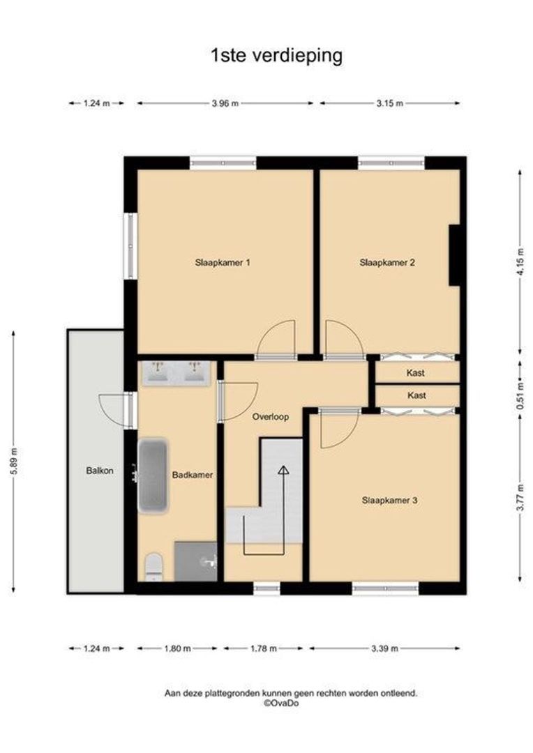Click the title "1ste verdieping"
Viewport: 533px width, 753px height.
click(276, 56)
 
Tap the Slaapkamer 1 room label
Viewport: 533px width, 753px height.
click(223, 263)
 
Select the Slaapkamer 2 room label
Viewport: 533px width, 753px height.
click(388, 263)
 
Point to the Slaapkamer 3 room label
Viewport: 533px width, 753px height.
click(390, 500)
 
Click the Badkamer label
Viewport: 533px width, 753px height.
click(192, 475)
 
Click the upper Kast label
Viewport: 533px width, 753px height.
click(416, 373)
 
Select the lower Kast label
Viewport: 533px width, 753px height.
click(416, 395)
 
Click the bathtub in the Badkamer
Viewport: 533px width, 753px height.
click(153, 476)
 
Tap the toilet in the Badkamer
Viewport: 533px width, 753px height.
click(153, 566)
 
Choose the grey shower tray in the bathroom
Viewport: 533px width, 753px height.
click(195, 561)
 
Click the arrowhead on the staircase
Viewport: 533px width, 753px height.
click(283, 471)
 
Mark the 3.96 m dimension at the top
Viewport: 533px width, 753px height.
click(225, 103)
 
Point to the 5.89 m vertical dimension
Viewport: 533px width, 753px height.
click(14, 462)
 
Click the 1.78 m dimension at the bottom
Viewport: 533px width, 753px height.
click(263, 648)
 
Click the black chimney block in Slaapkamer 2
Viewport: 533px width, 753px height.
click(454, 255)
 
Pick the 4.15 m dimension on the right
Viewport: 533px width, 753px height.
click(520, 263)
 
